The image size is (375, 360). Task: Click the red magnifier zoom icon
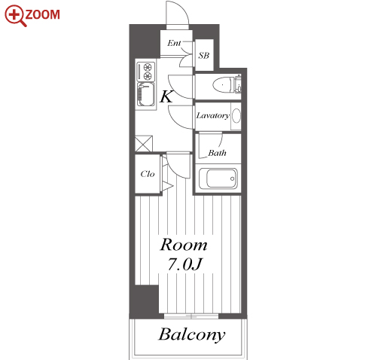[x=14, y=16]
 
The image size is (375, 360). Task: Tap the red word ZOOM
[x=43, y=15]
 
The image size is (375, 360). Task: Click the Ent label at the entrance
[x=174, y=43]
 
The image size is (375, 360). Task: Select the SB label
[x=203, y=55]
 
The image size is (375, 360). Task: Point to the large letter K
[x=166, y=96]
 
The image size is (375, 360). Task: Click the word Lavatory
[x=212, y=115]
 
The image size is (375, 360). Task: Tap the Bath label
[x=217, y=153]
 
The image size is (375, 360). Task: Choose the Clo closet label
[x=148, y=174]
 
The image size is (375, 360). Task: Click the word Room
[x=184, y=245]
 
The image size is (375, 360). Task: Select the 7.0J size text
[x=184, y=264]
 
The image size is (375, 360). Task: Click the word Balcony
[x=192, y=335]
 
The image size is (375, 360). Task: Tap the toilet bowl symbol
[x=221, y=84]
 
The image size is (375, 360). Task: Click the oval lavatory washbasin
[x=236, y=116]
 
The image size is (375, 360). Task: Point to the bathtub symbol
[x=218, y=178]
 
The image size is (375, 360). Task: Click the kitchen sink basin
[x=145, y=94]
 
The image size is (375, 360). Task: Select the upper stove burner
[x=148, y=67]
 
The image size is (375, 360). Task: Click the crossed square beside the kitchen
[x=144, y=144]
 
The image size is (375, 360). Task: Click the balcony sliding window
[x=191, y=316]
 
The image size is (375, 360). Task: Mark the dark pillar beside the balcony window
[x=144, y=299]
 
